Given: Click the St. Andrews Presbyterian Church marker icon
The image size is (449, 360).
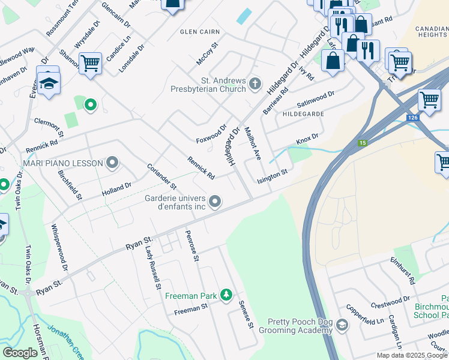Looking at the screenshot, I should (x=256, y=83).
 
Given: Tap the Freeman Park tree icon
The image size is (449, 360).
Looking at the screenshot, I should (x=226, y=294).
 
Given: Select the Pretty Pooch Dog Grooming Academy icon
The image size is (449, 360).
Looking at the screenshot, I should (x=342, y=325).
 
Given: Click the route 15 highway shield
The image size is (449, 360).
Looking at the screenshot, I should (x=363, y=143).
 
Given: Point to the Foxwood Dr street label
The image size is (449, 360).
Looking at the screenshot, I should (x=212, y=134).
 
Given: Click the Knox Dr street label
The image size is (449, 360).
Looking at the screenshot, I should (x=306, y=140).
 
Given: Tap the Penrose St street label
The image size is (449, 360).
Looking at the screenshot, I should (x=192, y=247).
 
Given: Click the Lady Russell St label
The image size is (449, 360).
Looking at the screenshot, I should (x=153, y=269).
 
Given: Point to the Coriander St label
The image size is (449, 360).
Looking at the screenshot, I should (x=161, y=176).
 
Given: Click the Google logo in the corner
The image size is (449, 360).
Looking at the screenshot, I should (x=20, y=353).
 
